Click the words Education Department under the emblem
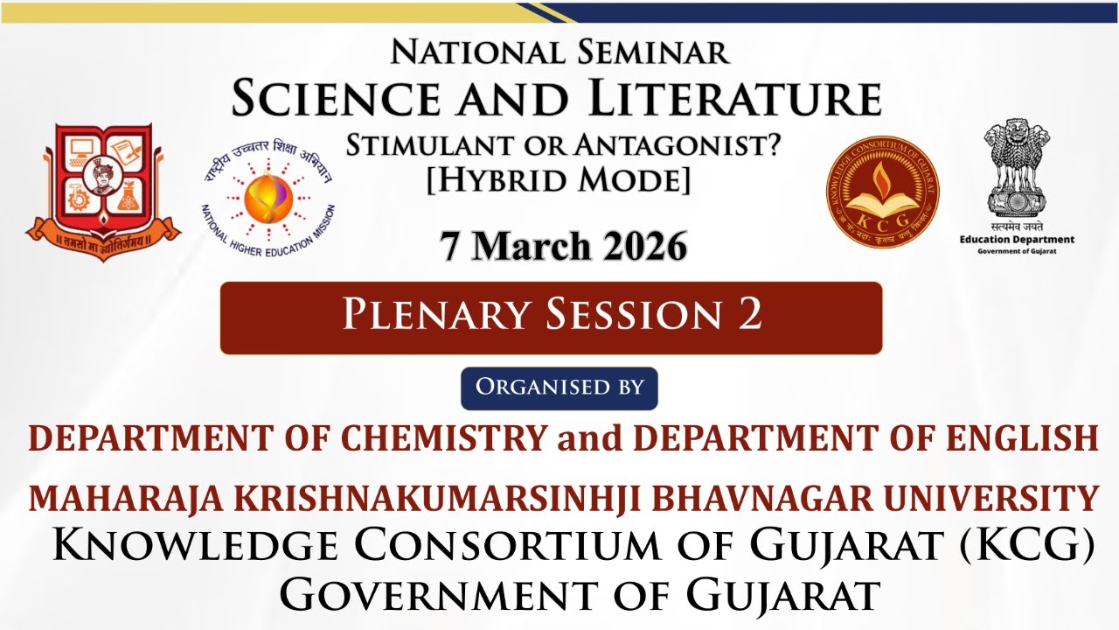click(x=1017, y=239)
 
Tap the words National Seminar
click(x=559, y=52)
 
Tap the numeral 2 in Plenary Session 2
click(x=750, y=315)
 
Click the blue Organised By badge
click(x=559, y=388)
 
